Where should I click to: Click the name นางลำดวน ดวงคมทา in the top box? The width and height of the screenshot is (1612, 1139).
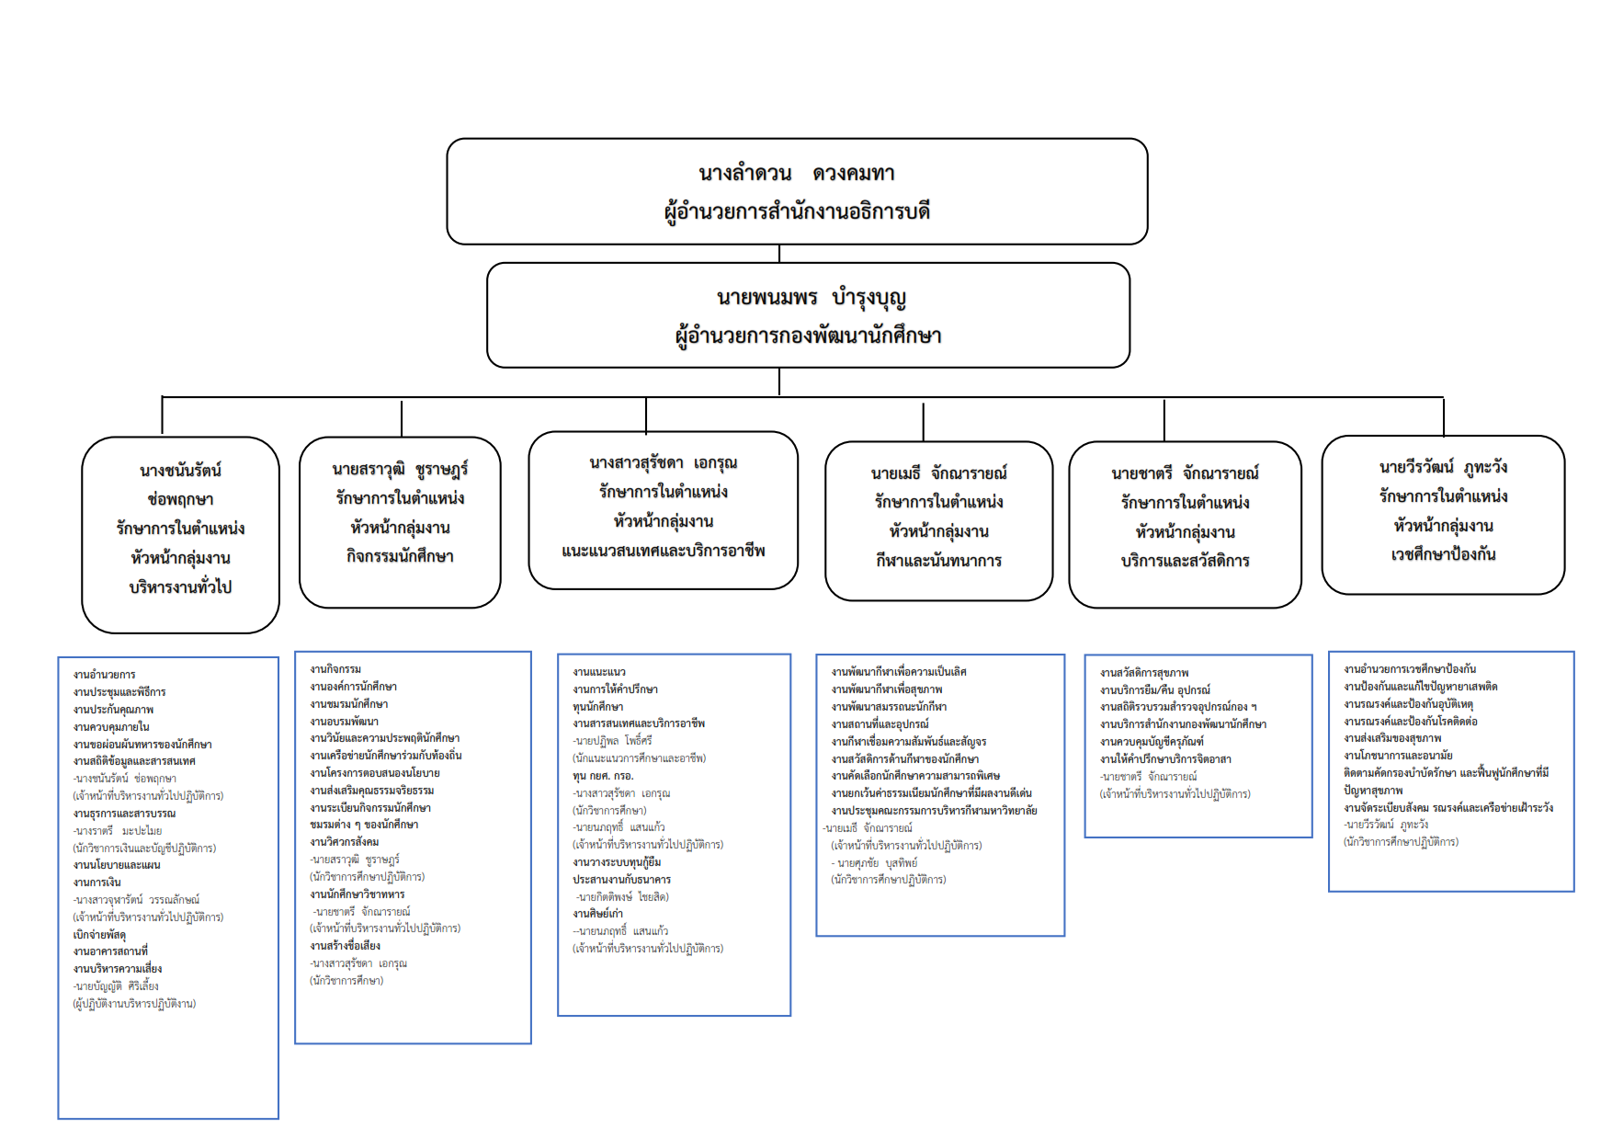click(x=796, y=173)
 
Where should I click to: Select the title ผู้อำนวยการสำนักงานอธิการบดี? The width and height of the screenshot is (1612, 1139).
click(x=797, y=211)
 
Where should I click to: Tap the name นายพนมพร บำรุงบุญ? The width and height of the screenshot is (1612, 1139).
click(x=811, y=298)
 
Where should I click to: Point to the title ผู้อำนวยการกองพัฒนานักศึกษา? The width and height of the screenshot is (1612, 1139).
click(x=808, y=336)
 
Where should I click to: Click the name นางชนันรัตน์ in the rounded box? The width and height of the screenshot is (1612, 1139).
click(x=180, y=471)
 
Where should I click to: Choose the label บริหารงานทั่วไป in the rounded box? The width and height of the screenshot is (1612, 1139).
click(x=180, y=587)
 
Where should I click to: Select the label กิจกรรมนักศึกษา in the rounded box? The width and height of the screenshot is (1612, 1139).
click(x=400, y=556)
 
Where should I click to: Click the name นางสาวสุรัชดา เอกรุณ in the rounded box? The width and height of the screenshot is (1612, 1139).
click(x=663, y=462)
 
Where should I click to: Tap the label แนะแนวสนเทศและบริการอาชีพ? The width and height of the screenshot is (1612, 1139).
click(x=663, y=551)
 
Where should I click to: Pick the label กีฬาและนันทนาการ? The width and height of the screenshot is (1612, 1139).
click(x=938, y=561)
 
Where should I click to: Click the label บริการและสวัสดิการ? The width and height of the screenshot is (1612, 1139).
click(x=1185, y=561)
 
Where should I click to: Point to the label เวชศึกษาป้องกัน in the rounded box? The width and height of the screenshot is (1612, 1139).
click(x=1443, y=554)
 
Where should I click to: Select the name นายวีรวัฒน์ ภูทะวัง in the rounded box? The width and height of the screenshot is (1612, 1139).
click(x=1443, y=467)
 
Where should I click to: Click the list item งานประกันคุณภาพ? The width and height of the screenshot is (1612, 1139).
click(x=113, y=710)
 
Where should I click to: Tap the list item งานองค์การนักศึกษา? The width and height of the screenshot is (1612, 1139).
click(x=353, y=687)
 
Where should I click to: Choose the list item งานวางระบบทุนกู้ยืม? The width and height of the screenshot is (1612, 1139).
click(x=617, y=862)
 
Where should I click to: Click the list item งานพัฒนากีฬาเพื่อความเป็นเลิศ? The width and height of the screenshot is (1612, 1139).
click(x=898, y=672)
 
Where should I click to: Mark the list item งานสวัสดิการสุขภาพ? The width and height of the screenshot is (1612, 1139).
click(x=1144, y=673)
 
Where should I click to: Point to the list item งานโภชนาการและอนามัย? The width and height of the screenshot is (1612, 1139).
click(x=1397, y=756)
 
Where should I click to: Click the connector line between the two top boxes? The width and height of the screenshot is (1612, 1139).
click(x=779, y=254)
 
